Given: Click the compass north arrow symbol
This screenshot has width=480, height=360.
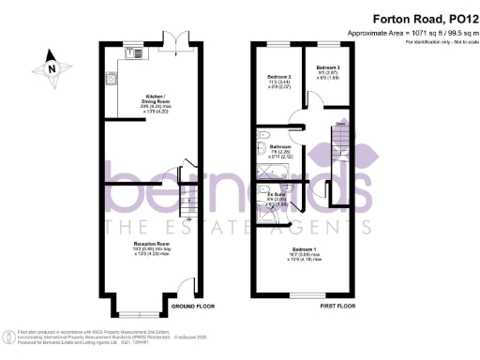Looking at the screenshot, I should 50,67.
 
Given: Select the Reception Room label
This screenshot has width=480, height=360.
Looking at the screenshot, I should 149,245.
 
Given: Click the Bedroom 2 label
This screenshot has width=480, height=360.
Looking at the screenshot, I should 280,76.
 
